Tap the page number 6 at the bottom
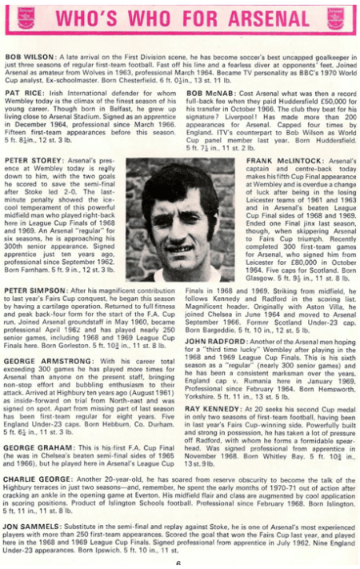[178, 563]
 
